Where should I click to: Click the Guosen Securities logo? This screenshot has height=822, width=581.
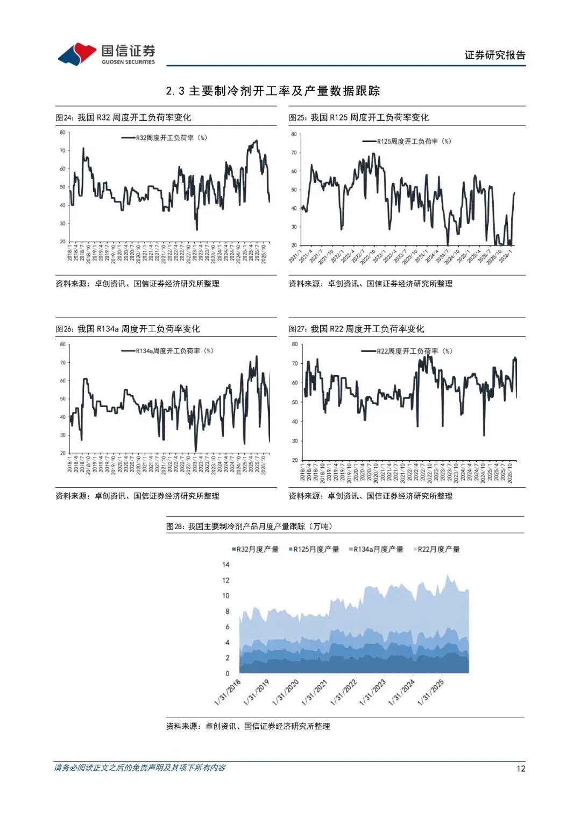pos(107,54)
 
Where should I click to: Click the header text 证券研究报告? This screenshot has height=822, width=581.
pos(495,55)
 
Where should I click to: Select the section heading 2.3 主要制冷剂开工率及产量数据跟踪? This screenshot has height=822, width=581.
pos(273,91)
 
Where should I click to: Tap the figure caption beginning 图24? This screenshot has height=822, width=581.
pos(123,117)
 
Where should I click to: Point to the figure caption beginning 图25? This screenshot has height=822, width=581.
pos(359,117)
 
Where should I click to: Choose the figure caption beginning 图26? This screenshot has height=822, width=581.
pos(127,329)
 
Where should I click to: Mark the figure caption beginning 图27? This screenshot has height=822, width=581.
pos(356,329)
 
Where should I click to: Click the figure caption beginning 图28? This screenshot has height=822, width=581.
pos(249,526)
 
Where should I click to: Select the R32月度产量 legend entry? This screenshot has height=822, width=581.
pos(256,549)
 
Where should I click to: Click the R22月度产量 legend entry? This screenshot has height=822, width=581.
pos(437,549)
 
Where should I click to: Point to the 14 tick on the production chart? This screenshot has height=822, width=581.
pos(226,565)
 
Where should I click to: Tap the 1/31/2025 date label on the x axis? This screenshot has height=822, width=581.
pos(431,693)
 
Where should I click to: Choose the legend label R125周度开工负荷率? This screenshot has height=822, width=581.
pos(413,142)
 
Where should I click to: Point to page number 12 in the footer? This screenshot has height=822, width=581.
pos(521,769)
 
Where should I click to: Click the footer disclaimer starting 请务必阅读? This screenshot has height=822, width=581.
pos(140,768)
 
